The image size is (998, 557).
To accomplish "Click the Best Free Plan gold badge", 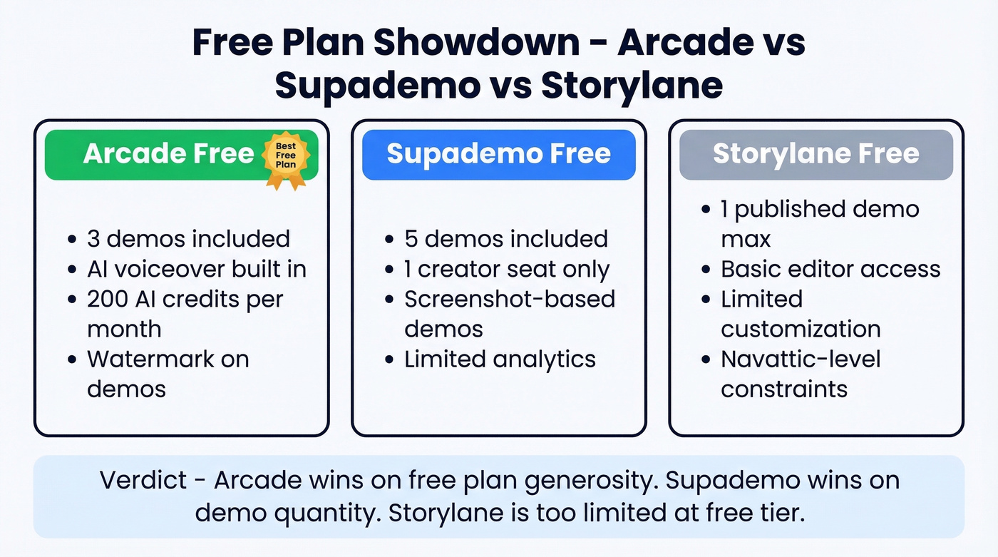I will coord(286,160).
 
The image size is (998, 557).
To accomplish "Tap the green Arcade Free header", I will coord(168,154).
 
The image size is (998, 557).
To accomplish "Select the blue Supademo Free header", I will coord(498,154).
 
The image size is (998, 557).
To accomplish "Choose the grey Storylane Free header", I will coord(816,154).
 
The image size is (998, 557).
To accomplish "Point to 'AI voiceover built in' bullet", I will coord(197,269).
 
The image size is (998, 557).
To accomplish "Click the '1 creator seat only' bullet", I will coord(507,269).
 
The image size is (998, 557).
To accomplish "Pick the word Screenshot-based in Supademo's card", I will coord(510,299).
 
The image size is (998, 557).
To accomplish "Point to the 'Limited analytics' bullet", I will coord(500,359).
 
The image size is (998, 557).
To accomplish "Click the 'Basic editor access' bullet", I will coord(830,269).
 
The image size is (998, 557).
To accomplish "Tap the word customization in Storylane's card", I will coord(801,329).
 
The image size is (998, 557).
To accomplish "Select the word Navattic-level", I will coord(801,359).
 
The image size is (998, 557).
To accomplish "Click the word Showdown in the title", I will coord(477,42).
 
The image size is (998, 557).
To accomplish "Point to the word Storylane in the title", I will coord(632,86).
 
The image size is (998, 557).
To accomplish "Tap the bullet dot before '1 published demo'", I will coord(706,210).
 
